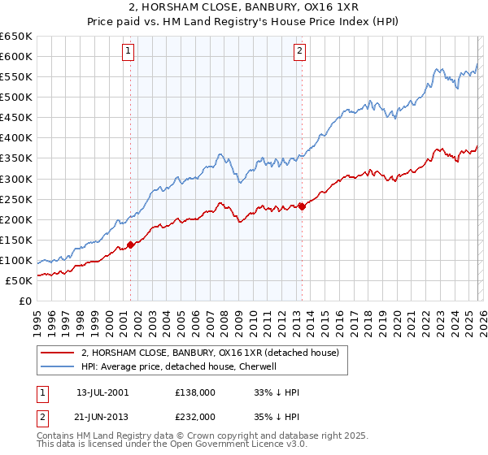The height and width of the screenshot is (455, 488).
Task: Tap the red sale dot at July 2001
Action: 130,244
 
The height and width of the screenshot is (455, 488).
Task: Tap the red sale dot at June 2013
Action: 302,206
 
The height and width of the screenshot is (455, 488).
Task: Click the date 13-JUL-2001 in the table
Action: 102,392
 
